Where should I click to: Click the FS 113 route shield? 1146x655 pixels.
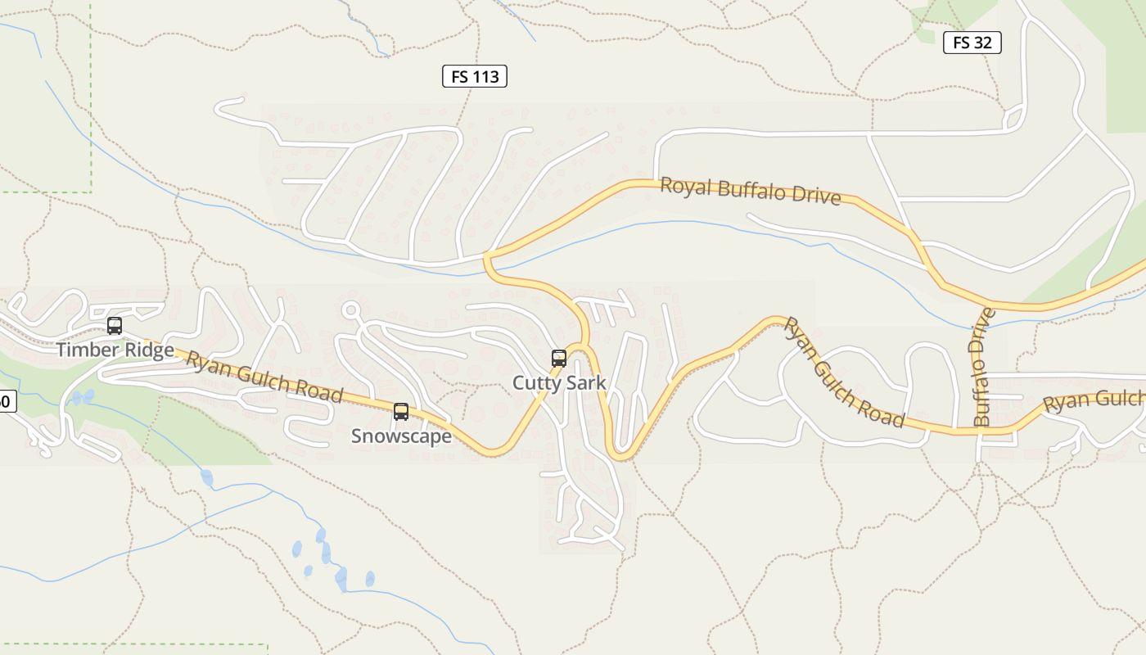475,77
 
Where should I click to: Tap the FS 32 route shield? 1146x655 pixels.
972,43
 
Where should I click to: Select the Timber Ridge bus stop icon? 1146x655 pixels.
115,326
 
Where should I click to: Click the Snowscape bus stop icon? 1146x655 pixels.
401,412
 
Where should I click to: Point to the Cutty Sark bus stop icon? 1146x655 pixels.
559,359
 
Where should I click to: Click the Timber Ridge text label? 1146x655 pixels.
115,350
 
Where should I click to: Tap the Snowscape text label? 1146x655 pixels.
401,436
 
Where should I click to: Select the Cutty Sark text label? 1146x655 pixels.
559,382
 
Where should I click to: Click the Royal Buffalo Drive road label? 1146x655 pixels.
751,191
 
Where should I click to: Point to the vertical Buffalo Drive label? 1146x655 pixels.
983,366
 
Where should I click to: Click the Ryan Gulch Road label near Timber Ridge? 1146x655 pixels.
264,377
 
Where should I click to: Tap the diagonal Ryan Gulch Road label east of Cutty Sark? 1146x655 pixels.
843,373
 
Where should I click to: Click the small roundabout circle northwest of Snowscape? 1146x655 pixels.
352,310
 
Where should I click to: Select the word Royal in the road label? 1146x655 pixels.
686,186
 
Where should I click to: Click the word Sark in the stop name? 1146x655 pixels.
587,382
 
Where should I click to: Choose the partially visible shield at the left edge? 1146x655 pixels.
7,401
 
